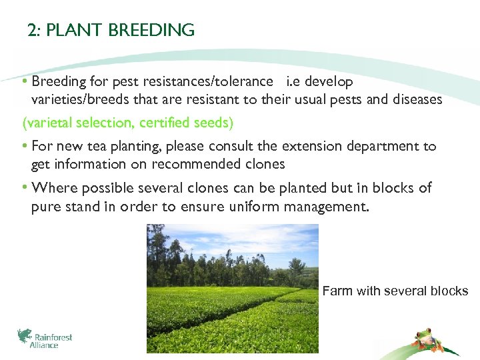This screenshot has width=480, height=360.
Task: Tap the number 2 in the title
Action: tap(31, 31)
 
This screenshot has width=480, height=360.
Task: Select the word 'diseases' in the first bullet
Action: tap(417, 99)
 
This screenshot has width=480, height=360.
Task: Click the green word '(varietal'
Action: tap(47, 123)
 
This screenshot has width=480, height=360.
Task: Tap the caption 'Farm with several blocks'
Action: tap(395, 291)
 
